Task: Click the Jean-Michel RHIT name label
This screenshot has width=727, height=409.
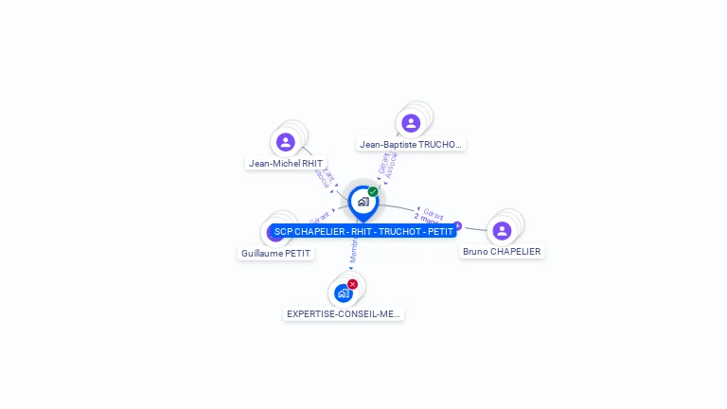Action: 285,163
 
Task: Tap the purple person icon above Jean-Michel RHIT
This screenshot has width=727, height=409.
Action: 285,142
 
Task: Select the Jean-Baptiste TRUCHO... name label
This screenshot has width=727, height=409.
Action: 411,145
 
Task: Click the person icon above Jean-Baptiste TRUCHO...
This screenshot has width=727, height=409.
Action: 410,123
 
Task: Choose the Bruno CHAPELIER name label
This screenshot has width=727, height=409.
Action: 502,252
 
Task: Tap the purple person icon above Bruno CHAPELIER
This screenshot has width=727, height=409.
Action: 502,230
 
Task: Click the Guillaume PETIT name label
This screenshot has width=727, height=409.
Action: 275,254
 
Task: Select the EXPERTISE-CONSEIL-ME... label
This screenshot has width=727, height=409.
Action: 344,313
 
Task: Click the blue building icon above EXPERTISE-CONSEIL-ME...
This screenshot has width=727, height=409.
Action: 343,293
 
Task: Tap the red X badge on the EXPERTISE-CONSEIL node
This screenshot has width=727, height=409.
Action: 353,284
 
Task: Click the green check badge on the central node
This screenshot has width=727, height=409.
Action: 373,191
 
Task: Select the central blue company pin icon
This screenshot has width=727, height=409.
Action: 363,202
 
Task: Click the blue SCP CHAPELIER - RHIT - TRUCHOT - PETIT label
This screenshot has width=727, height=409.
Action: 363,232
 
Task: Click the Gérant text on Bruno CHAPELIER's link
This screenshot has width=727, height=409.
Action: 433,214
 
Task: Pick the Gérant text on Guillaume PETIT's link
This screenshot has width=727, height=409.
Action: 319,220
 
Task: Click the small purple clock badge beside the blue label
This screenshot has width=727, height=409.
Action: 458,225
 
